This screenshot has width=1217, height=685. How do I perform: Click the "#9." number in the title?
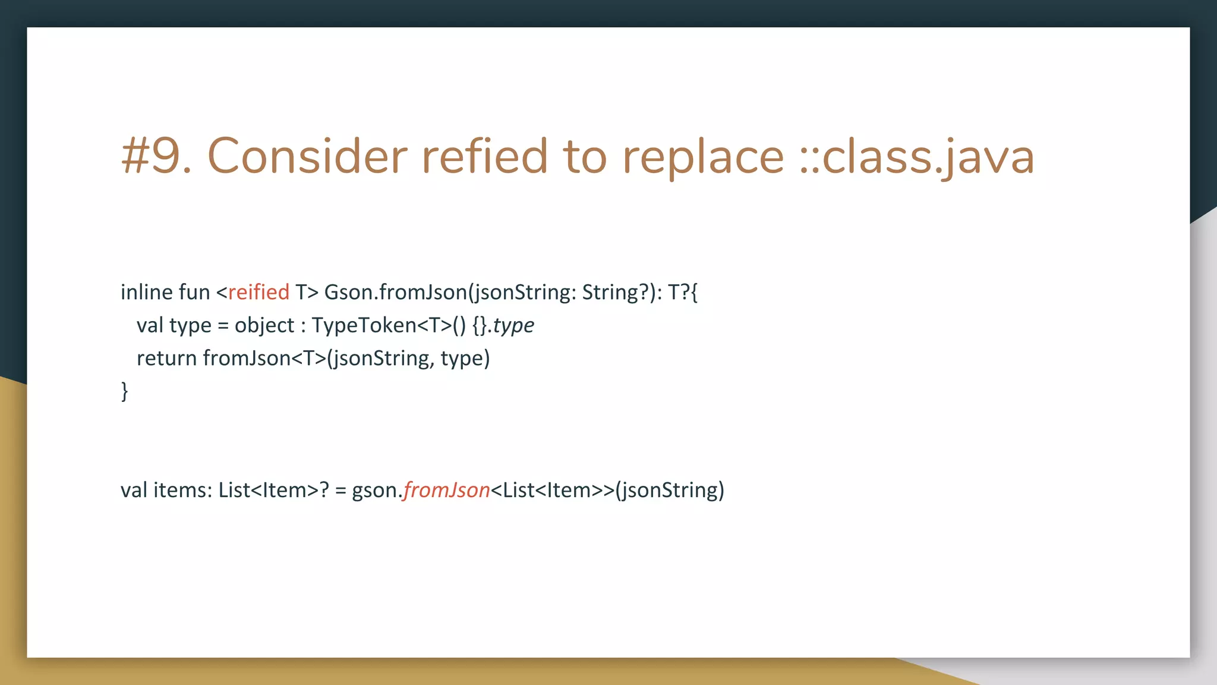coord(156,156)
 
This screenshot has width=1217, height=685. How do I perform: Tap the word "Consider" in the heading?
coord(307,156)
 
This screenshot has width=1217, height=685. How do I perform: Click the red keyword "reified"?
coord(258,293)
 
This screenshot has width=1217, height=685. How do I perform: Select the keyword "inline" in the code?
coord(146,293)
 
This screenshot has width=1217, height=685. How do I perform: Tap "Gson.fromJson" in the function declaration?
coord(396,293)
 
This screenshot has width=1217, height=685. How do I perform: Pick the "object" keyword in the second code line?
coord(264,326)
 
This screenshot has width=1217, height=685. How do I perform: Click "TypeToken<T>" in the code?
coord(382,326)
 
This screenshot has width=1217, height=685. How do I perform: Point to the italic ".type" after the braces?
coord(511,326)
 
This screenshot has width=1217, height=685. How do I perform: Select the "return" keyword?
coord(166,359)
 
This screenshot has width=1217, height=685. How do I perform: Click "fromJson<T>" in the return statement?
coord(264,359)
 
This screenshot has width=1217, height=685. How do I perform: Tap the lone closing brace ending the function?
coord(124,391)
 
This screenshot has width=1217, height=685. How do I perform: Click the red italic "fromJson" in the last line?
coord(447,491)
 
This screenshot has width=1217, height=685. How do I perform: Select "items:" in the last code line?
coord(182,491)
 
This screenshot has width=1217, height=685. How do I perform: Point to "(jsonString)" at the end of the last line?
coord(670,491)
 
